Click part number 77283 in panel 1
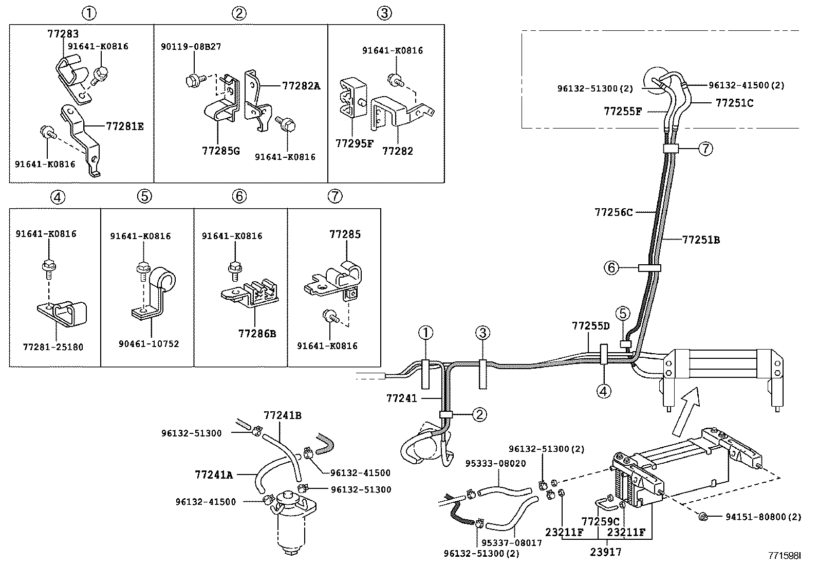[63, 34]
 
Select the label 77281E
[125, 125]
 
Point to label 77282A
[301, 86]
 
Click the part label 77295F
[354, 143]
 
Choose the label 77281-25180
[53, 347]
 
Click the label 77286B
[257, 334]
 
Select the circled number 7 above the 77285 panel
[334, 196]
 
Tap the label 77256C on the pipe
[613, 212]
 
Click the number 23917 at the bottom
[606, 552]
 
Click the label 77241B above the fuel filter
[282, 415]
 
